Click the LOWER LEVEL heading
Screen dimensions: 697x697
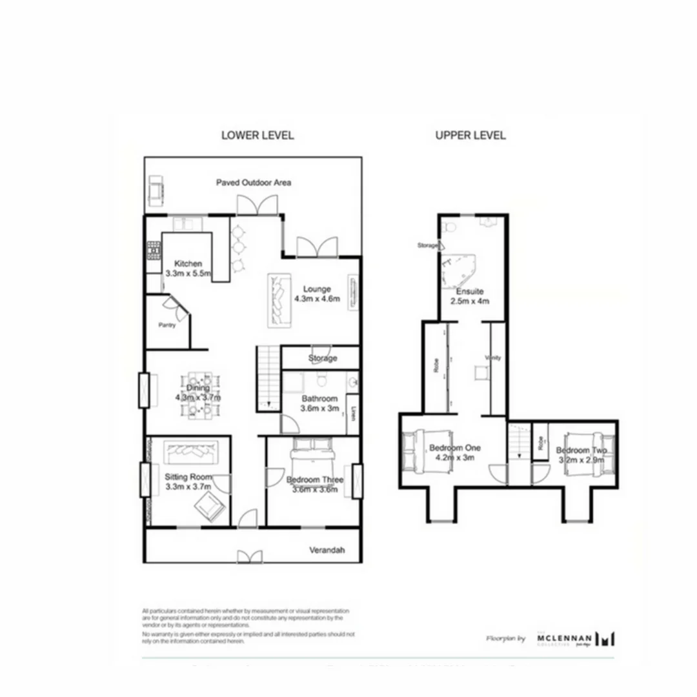pyautogui.click(x=257, y=136)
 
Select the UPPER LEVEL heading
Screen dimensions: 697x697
pyautogui.click(x=470, y=136)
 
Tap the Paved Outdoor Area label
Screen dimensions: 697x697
pyautogui.click(x=253, y=183)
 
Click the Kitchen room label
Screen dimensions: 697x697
pyautogui.click(x=188, y=263)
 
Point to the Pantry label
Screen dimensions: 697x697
pyautogui.click(x=167, y=325)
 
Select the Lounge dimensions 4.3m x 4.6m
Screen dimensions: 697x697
pyautogui.click(x=316, y=298)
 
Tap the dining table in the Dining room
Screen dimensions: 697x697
pyautogui.click(x=198, y=393)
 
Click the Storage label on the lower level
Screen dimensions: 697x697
pyautogui.click(x=322, y=358)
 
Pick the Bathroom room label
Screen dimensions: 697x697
pyautogui.click(x=319, y=399)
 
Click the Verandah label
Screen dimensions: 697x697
pyautogui.click(x=326, y=551)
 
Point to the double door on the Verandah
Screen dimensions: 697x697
pyautogui.click(x=249, y=556)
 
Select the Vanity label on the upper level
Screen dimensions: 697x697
pyautogui.click(x=493, y=358)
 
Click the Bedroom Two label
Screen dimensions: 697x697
pyautogui.click(x=580, y=450)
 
